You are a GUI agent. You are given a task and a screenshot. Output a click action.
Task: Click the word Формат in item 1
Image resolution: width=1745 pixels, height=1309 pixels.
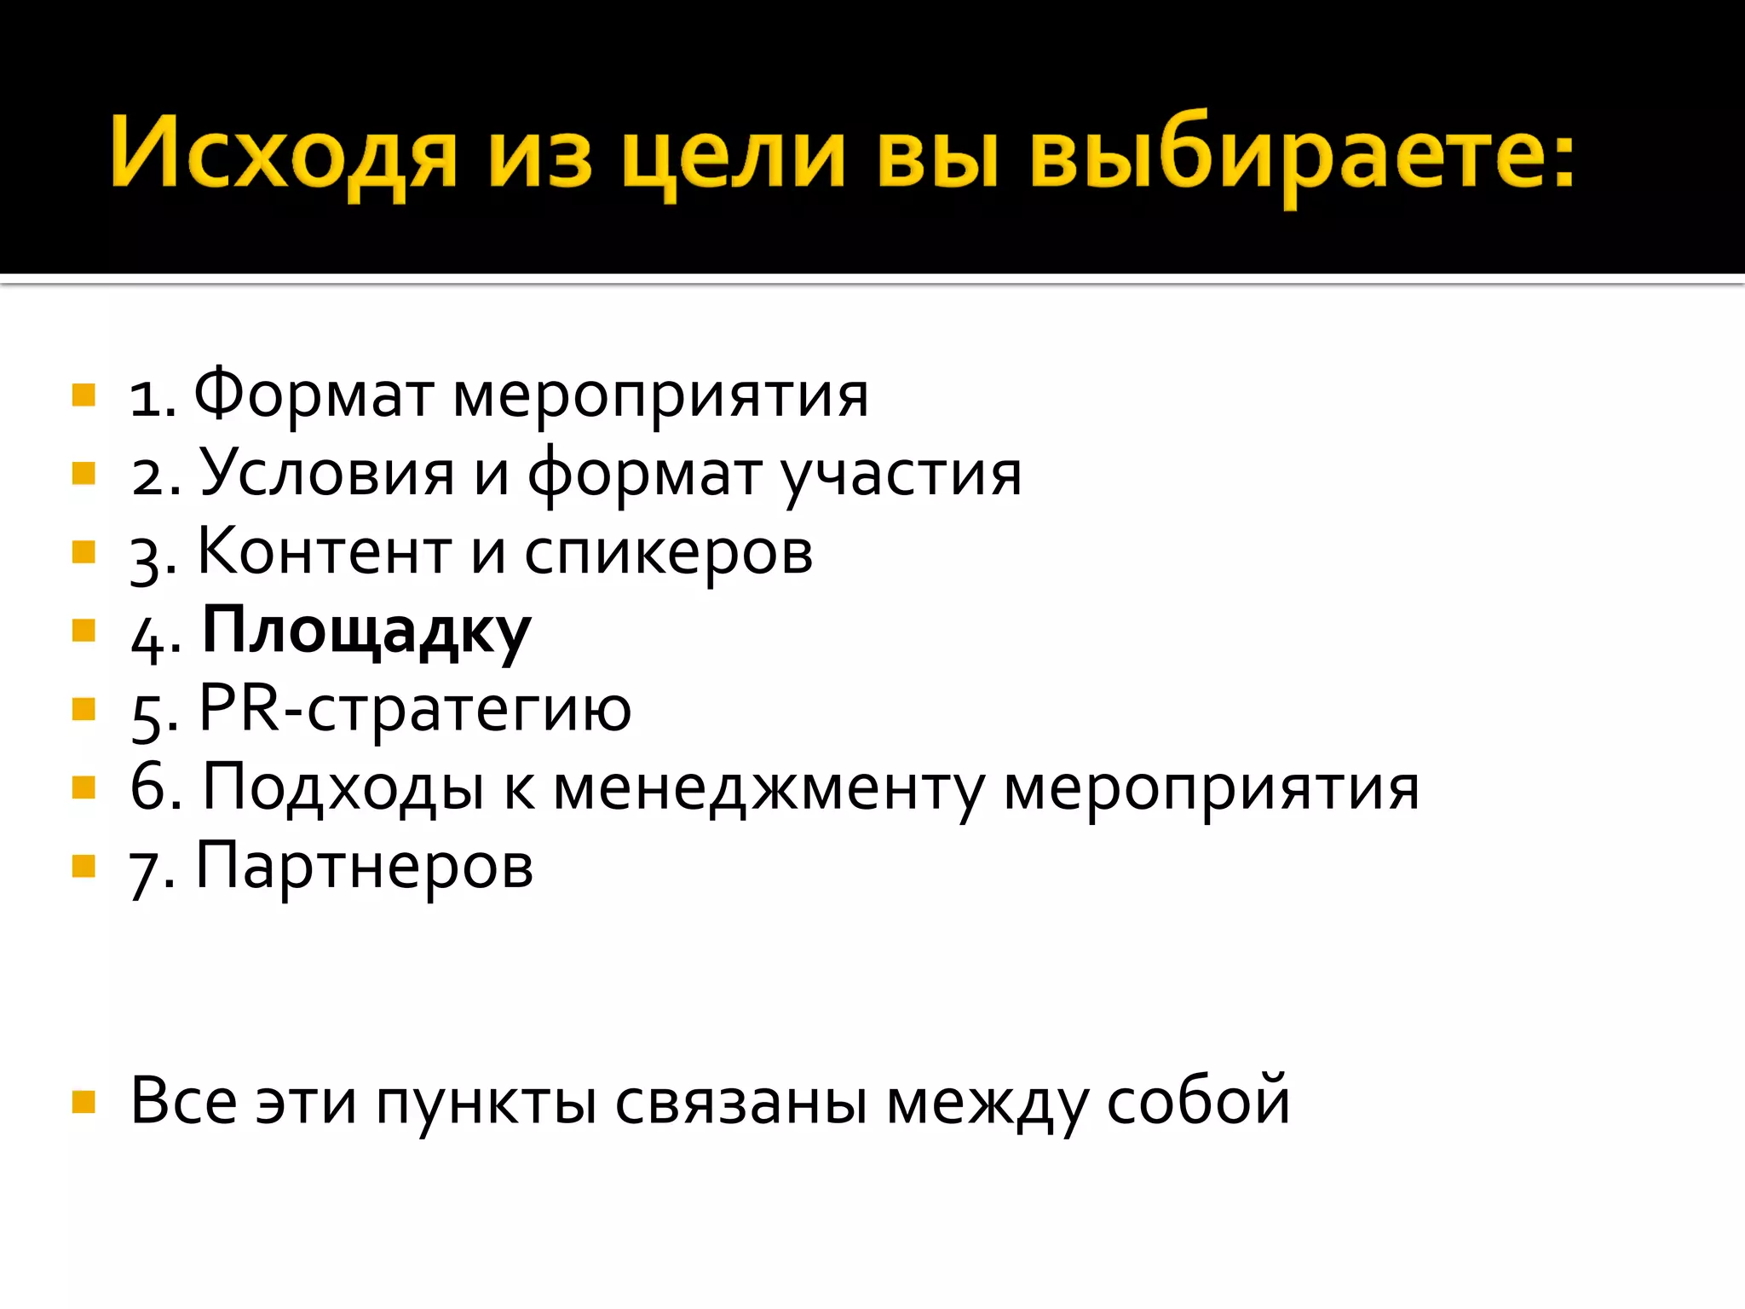click(313, 395)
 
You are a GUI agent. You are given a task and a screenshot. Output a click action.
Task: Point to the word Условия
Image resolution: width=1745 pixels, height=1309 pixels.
click(327, 474)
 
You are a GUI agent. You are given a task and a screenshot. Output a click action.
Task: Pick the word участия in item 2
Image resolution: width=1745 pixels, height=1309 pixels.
click(901, 476)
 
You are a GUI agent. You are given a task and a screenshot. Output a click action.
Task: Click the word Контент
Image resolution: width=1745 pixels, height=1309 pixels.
click(325, 552)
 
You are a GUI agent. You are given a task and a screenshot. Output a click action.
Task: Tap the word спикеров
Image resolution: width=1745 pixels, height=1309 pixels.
click(669, 554)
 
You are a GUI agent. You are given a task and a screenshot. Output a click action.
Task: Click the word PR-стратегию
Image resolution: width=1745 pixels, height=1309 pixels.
click(415, 709)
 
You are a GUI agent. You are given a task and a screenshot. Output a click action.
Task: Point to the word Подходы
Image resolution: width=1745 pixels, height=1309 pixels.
click(343, 787)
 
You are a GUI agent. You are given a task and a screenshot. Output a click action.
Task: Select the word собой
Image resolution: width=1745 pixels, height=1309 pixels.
click(1198, 1101)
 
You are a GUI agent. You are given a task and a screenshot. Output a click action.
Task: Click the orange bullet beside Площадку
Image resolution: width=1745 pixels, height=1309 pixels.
click(84, 631)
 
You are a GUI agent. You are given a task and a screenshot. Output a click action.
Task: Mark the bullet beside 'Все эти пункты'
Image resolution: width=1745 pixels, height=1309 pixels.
click(84, 1102)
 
